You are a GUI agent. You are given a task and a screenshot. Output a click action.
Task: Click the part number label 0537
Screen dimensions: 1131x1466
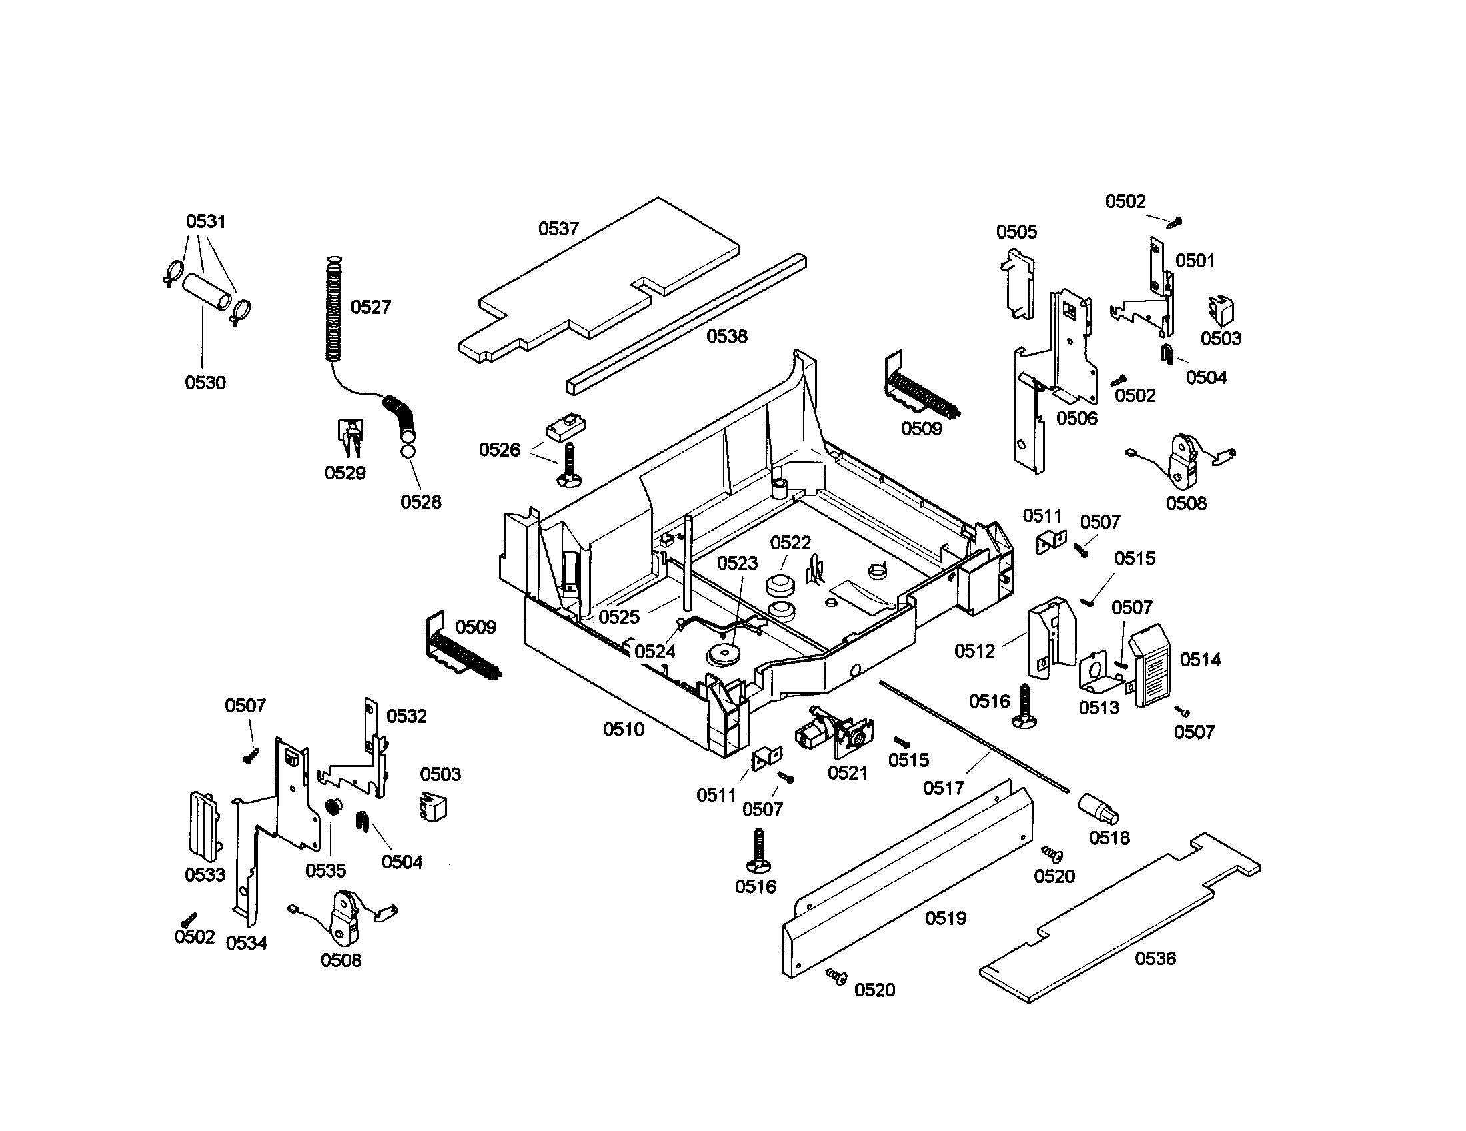click(558, 229)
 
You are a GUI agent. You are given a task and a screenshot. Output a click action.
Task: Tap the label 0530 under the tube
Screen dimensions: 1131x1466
click(205, 383)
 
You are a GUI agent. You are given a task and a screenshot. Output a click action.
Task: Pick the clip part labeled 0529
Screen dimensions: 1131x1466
click(350, 435)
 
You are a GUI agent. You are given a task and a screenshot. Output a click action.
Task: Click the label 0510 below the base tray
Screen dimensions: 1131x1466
click(624, 729)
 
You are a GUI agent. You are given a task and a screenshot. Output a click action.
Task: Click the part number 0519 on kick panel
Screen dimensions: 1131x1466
click(945, 918)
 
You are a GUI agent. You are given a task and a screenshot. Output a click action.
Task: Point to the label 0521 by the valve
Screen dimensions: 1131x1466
click(848, 773)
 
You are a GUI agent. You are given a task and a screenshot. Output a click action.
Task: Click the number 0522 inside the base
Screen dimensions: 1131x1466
click(790, 543)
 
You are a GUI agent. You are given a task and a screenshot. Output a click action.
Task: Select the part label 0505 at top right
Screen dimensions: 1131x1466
click(1016, 232)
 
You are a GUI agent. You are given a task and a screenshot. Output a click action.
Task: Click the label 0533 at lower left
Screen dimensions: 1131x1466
click(205, 874)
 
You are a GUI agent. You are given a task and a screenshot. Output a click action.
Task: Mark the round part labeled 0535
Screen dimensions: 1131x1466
click(331, 808)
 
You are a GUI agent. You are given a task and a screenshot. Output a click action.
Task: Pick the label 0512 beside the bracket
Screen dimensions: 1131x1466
click(974, 650)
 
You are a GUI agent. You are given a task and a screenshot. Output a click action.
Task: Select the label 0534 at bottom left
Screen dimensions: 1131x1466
click(246, 943)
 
